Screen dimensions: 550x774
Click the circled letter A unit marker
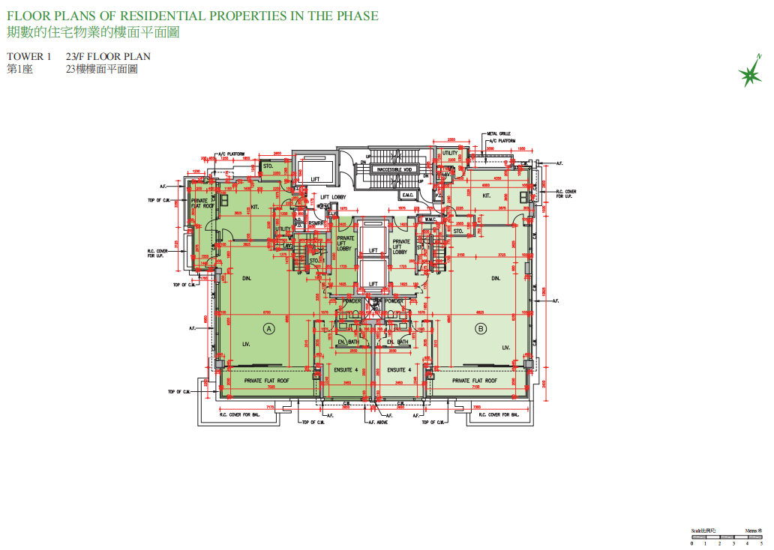point(266,328)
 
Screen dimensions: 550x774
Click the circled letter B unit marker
point(481,328)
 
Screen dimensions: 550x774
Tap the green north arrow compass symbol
point(748,73)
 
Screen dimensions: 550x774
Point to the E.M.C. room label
point(408,195)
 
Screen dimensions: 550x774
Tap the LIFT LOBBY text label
point(333,198)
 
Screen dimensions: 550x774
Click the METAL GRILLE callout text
point(499,133)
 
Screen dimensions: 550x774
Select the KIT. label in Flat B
point(486,196)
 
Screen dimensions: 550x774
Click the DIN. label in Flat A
point(246,278)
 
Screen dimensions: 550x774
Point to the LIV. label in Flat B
point(505,347)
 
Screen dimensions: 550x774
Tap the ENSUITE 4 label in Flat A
point(346,370)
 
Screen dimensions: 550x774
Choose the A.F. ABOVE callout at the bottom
point(377,423)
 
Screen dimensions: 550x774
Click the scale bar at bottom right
point(725,537)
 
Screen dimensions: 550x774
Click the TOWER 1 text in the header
point(29,57)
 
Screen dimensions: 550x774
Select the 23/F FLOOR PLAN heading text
point(108,57)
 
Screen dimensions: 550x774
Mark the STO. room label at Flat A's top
point(267,166)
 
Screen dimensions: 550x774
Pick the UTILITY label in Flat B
point(449,153)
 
